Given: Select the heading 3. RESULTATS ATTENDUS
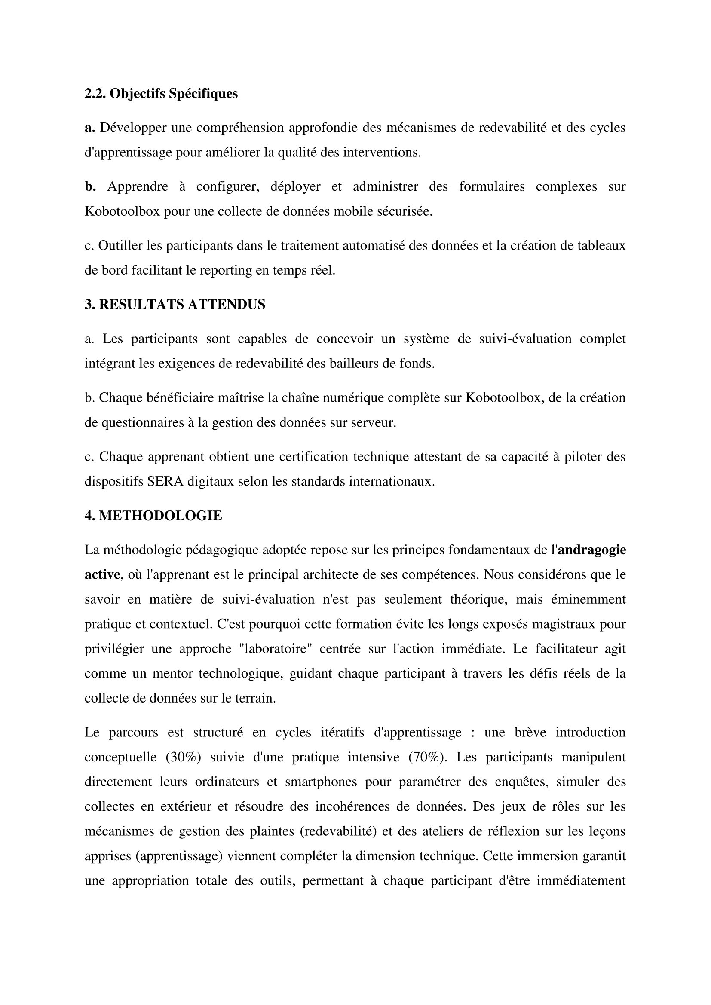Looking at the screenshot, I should click(175, 305).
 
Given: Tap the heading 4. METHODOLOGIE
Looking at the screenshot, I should click(153, 516).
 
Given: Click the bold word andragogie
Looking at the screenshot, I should click(592, 550).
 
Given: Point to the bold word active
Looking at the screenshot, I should click(102, 575).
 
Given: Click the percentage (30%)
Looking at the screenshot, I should click(184, 757).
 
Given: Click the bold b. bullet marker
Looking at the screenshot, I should click(90, 187).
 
